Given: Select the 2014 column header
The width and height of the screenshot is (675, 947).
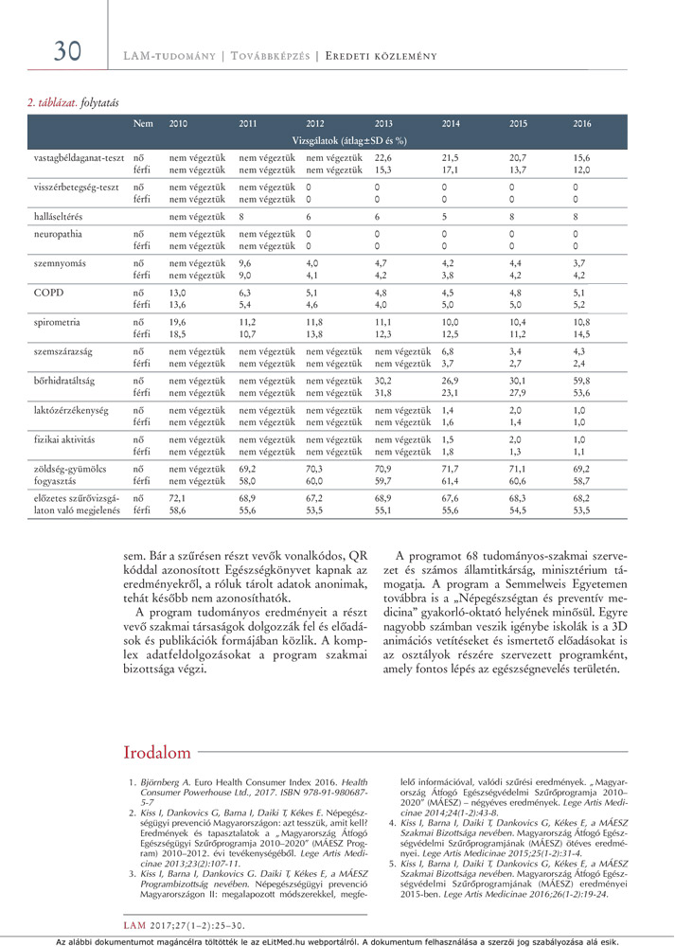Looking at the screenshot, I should point(452,124).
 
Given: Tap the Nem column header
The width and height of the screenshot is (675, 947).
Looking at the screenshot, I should point(142,124).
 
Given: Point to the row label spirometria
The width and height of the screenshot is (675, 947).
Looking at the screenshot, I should point(56,323).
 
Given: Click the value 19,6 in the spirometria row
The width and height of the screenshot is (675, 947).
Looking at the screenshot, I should point(178,323).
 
